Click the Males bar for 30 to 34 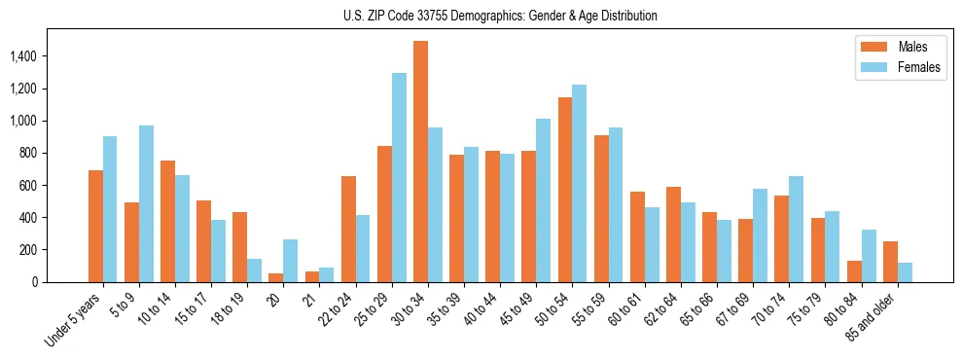click(420, 162)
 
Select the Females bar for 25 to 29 click(399, 177)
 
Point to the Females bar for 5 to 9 click(146, 203)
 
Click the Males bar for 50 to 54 click(565, 190)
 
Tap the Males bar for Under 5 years click(95, 226)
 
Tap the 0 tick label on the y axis click(34, 282)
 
